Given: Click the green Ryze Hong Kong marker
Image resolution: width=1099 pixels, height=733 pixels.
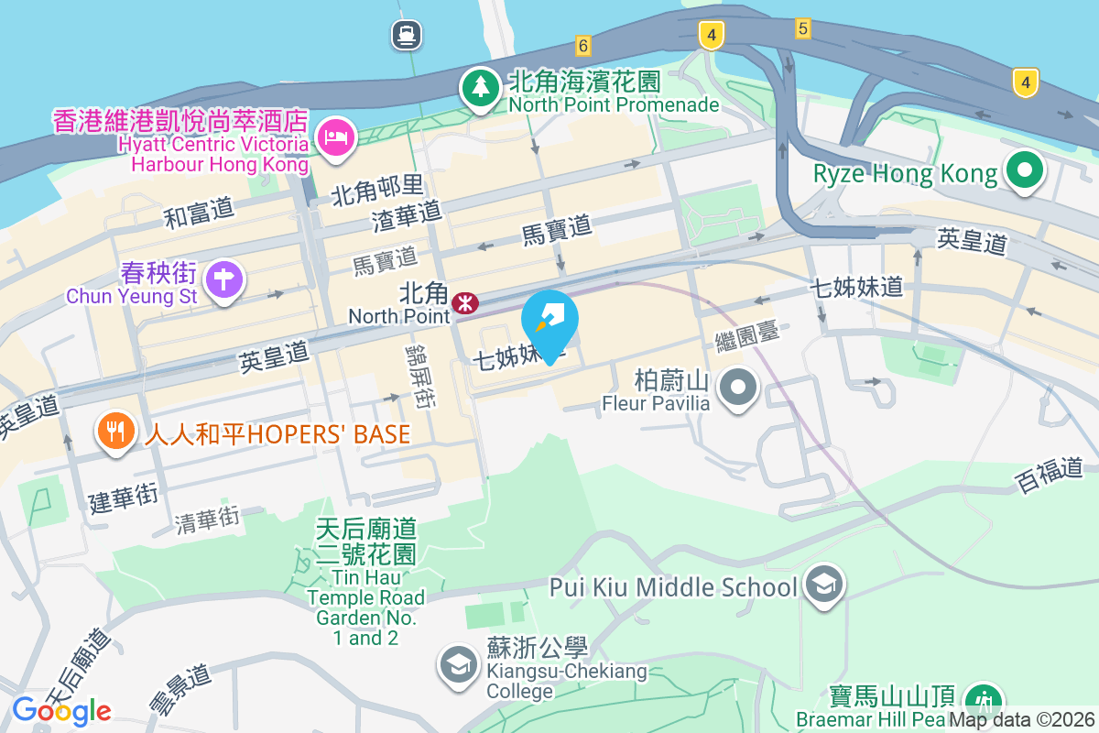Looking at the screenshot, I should pos(1024,170).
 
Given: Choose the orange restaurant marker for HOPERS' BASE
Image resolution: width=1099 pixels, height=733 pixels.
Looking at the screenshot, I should pos(115,431).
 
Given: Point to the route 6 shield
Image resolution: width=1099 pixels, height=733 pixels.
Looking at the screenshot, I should pos(583,44).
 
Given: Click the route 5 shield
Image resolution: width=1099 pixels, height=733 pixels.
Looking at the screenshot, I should pos(803,28).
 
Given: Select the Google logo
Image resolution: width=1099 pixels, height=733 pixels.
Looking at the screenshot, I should pos(61,710).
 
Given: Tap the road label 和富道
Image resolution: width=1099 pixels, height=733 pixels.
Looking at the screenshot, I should pos(199,213).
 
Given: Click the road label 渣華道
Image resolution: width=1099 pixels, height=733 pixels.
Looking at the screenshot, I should pos(408,216).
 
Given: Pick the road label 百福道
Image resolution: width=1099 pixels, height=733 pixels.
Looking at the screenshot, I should pos(1050,476).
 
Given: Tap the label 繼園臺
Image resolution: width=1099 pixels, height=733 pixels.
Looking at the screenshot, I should pos(747,337).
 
